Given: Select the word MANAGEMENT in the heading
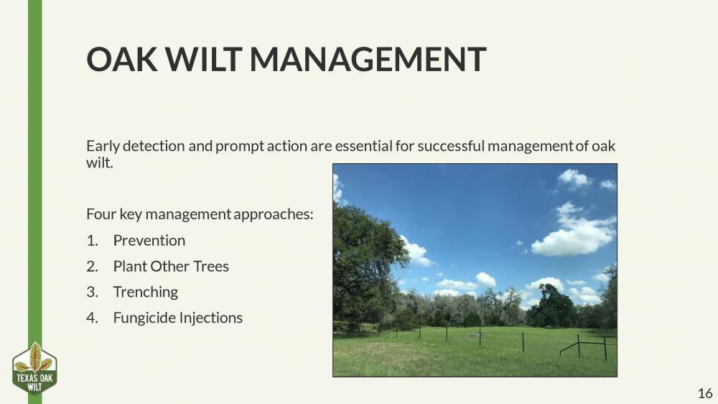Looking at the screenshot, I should point(368,59).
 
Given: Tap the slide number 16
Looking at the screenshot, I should point(704,392).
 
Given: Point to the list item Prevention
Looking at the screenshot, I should point(149,240).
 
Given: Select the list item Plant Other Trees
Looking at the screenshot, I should point(171,266).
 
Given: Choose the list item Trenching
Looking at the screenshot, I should point(145,292).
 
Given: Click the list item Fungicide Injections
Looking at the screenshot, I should point(177,318).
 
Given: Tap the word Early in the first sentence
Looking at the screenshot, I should point(103,146).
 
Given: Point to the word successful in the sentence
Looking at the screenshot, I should point(441,146).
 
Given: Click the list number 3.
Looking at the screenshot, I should point(92,292).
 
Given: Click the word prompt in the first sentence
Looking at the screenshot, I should point(238,146).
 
